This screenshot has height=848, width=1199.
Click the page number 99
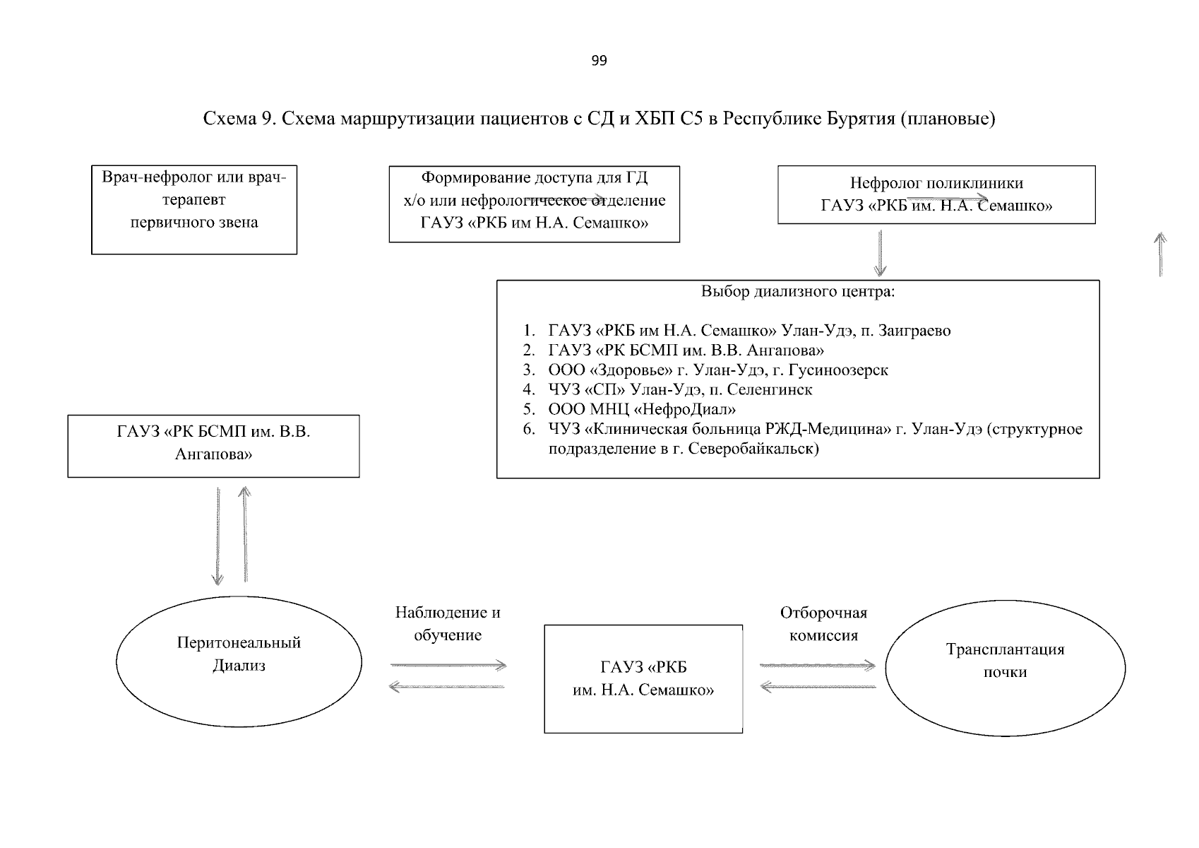click(599, 61)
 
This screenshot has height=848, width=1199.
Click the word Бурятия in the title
click(861, 119)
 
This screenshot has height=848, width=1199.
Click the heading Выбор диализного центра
click(797, 292)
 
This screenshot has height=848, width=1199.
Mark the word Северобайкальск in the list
click(750, 448)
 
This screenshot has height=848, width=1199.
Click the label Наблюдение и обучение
click(448, 623)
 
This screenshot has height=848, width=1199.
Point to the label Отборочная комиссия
click(823, 624)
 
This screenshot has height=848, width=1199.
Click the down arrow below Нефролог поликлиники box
click(880, 253)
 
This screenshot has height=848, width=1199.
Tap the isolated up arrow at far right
click(1160, 254)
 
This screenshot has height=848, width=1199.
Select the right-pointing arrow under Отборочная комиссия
click(818, 666)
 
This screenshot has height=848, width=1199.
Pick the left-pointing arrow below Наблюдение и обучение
click(447, 686)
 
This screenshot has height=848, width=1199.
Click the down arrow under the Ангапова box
click(217, 536)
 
